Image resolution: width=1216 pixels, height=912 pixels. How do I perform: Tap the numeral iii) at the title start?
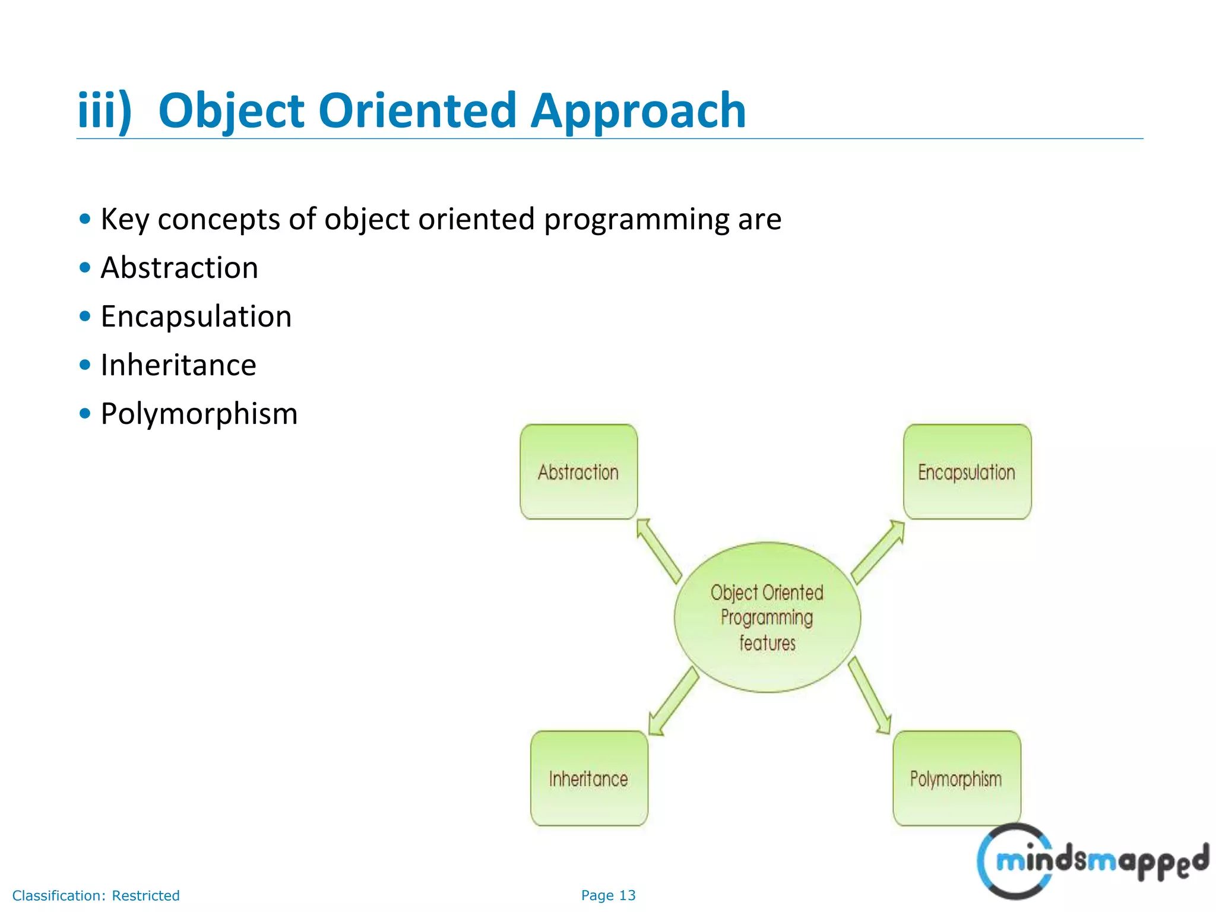coord(104,111)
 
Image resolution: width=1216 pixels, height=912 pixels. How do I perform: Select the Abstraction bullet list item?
coord(179,268)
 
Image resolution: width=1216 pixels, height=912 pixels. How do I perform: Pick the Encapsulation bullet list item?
coord(196,316)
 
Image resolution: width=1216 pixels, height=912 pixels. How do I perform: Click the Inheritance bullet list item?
coord(178,365)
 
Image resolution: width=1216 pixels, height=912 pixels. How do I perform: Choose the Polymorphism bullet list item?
coord(199,414)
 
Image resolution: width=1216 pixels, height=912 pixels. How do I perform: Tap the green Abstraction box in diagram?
coord(578,471)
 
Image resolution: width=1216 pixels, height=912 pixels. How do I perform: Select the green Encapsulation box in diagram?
coord(967,471)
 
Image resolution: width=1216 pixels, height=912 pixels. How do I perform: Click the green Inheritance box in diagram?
coord(588,778)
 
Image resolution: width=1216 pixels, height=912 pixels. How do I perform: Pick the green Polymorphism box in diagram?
coord(956,778)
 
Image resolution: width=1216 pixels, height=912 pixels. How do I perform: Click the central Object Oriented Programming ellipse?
coord(767,617)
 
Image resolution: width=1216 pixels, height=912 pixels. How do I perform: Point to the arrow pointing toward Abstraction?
coord(659,551)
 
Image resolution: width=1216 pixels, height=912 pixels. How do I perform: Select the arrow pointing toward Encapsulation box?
coord(878,552)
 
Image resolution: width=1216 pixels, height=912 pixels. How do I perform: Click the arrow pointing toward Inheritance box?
coord(673,701)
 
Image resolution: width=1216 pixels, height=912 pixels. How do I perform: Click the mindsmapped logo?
coord(1092,861)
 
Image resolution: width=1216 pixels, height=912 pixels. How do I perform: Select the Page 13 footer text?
coord(608,895)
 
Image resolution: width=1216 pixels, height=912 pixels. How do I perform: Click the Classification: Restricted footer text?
coord(96,895)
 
